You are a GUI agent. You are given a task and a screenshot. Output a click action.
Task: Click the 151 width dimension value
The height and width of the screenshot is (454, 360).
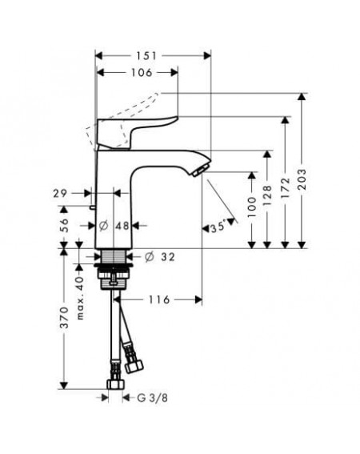(x=146, y=55)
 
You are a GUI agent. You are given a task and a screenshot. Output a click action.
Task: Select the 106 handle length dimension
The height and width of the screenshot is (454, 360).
(x=142, y=72)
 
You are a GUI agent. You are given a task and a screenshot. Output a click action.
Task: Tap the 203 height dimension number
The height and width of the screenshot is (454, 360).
(x=302, y=179)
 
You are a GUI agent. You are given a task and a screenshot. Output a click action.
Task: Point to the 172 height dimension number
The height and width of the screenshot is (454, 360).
(x=285, y=187)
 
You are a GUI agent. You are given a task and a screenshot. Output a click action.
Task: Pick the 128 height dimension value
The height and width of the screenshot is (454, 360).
(x=267, y=195)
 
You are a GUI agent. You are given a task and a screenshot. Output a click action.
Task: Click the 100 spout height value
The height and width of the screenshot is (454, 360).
(x=252, y=207)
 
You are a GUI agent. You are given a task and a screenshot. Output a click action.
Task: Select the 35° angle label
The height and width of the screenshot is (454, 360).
(x=218, y=227)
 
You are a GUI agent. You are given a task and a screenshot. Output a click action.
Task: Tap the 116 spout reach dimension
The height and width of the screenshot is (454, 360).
(x=159, y=299)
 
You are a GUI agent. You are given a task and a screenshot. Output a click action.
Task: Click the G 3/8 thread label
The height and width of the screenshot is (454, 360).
(x=152, y=398)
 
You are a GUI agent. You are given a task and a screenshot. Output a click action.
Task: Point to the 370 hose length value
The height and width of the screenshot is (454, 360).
(x=64, y=318)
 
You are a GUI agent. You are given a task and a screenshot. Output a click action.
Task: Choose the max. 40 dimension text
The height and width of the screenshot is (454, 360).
(x=80, y=298)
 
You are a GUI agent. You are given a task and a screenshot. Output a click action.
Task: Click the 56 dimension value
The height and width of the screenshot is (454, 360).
(x=64, y=225)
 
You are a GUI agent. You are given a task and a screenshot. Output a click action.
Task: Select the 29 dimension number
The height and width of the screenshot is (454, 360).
(x=60, y=193)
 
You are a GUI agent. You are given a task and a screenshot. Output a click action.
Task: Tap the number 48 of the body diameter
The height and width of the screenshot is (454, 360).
(x=122, y=225)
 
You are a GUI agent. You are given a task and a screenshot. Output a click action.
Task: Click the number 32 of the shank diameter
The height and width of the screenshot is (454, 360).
(x=168, y=256)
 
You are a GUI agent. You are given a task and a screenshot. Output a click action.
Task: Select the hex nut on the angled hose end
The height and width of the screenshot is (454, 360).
(x=134, y=366)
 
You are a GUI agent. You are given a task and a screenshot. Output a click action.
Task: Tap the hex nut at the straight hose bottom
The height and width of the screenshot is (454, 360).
(x=116, y=384)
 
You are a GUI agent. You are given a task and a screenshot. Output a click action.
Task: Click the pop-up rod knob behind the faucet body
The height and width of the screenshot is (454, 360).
(x=92, y=207)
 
